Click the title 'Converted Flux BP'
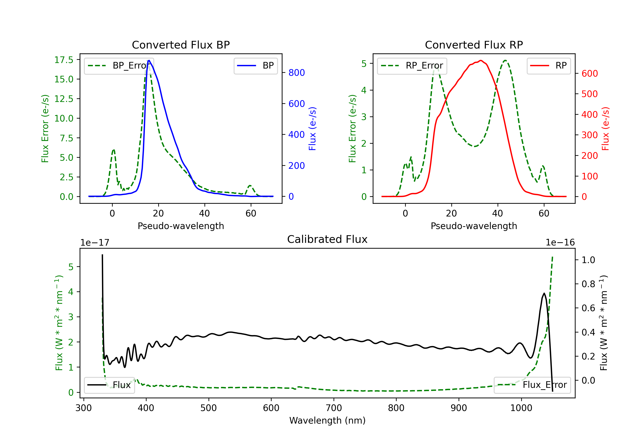[x=181, y=45]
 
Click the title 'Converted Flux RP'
[x=474, y=45]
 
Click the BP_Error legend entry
[x=119, y=66]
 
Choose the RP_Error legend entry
[x=412, y=66]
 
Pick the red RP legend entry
[x=548, y=66]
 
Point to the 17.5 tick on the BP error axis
[x=64, y=60]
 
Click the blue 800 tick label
[x=296, y=73]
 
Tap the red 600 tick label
[x=589, y=73]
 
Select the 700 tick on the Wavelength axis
[x=334, y=408]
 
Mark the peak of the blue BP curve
[x=149, y=60]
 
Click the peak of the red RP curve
[x=481, y=60]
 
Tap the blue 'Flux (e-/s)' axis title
[x=312, y=129]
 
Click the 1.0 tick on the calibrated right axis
[x=588, y=260]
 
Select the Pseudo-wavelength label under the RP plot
[x=474, y=226]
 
